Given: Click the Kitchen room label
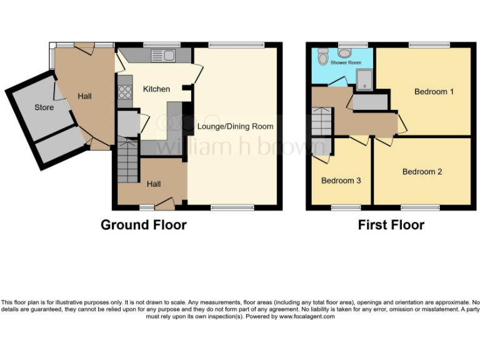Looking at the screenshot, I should tap(156, 89).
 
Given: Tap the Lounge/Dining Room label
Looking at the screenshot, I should tap(235, 126).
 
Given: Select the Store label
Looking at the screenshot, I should tap(44, 107).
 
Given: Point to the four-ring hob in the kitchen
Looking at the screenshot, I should tap(124, 92).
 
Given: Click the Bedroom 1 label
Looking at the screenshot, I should tap(434, 92).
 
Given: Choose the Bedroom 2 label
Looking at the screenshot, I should tap(422, 172).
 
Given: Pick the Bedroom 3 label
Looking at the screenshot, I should tap(341, 181).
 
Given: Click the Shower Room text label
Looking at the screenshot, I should tap(346, 62).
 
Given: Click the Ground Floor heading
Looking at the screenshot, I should tap(143, 225).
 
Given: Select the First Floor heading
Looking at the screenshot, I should tap(391, 225).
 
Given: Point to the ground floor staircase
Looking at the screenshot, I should tap(127, 161).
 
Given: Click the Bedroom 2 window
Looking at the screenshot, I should tap(419, 207).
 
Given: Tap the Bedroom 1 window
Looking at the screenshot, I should tap(429, 44).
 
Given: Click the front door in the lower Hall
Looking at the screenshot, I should tap(165, 202).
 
